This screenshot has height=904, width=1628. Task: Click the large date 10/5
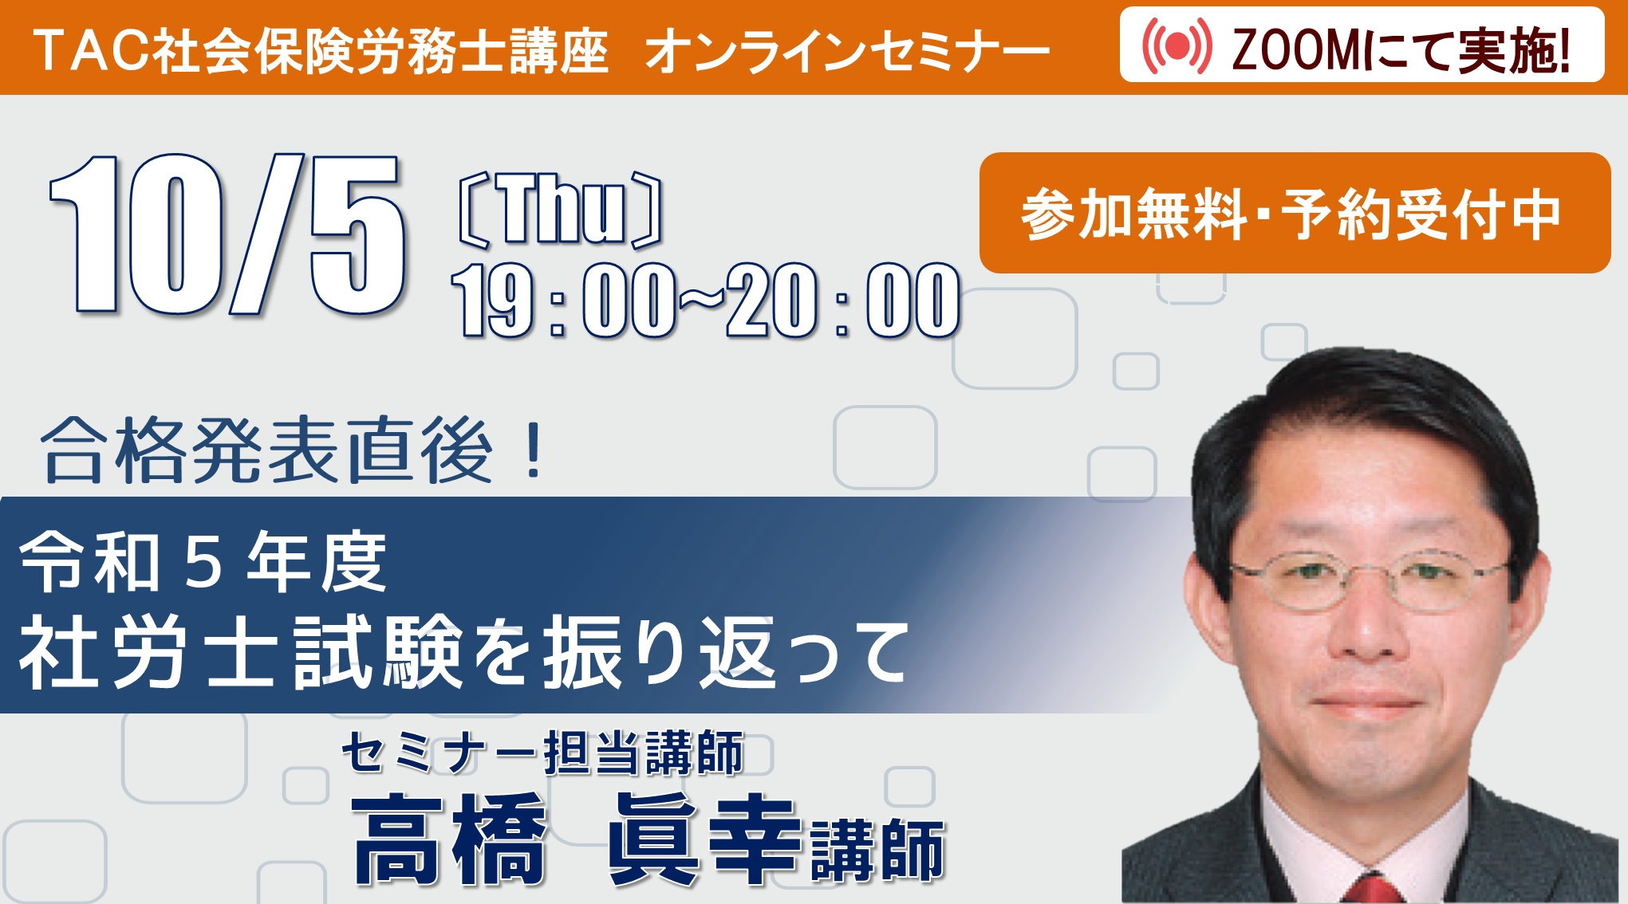pos(227,234)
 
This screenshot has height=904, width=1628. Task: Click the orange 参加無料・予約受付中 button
pos(1295,213)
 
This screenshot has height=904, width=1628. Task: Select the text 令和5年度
pos(203,562)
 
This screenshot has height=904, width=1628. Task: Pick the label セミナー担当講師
pos(542,752)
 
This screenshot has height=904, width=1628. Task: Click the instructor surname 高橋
pos(449,839)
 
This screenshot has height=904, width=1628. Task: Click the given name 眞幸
pos(704,839)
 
